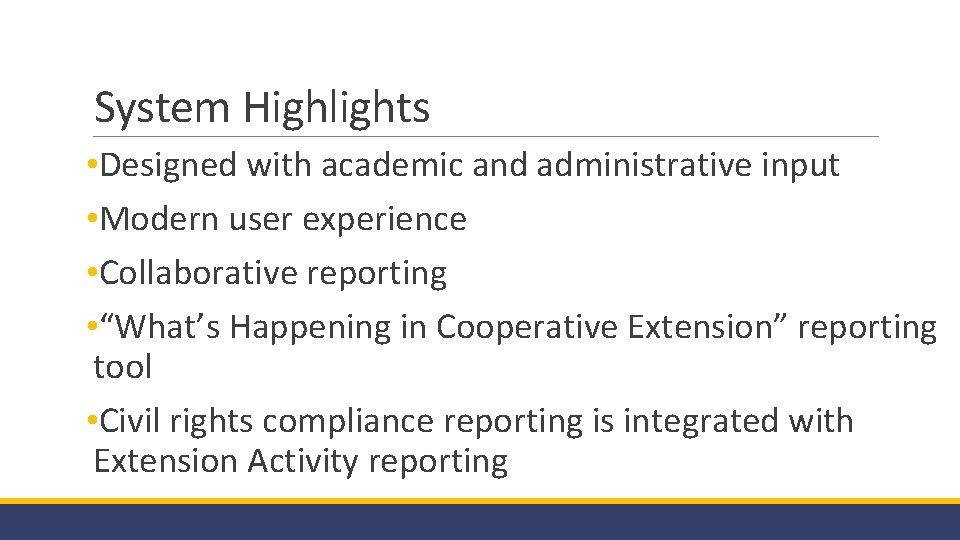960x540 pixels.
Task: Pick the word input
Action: [x=804, y=166]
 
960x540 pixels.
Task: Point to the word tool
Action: [x=122, y=367]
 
